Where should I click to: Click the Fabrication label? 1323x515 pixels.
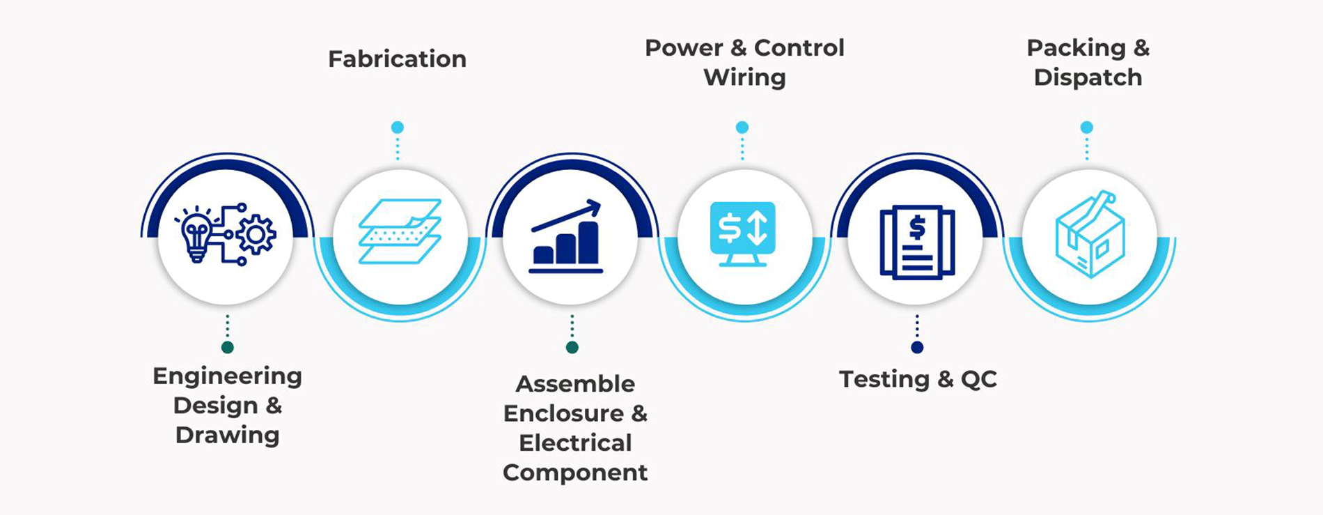point(397,59)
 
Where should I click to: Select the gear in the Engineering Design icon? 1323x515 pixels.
point(256,235)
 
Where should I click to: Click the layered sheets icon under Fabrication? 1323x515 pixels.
point(400,231)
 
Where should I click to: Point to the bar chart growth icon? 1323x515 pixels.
point(566,236)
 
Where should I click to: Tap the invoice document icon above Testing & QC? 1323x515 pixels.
point(917,242)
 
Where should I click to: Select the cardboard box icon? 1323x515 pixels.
point(1090,235)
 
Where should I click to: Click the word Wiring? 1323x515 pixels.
point(744,77)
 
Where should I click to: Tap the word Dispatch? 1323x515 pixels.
point(1088,77)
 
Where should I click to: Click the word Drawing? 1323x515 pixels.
point(228,436)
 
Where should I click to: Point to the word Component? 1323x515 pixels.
point(575,473)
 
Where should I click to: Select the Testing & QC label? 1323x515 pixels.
point(918,379)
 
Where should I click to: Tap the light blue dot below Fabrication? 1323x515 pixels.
point(397,127)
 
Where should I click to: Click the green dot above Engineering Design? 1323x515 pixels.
point(227,347)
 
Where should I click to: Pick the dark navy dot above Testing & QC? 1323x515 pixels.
point(917,347)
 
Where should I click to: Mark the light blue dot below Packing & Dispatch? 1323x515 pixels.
point(1086,127)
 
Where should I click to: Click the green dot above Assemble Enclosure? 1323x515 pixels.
point(572,347)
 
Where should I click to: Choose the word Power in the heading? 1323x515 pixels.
point(684,48)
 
